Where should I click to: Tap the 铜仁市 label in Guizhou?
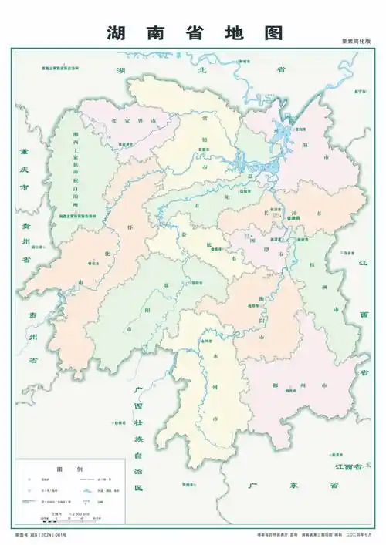(39, 246)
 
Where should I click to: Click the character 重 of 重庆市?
(25, 153)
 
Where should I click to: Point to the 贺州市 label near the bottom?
(185, 484)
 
